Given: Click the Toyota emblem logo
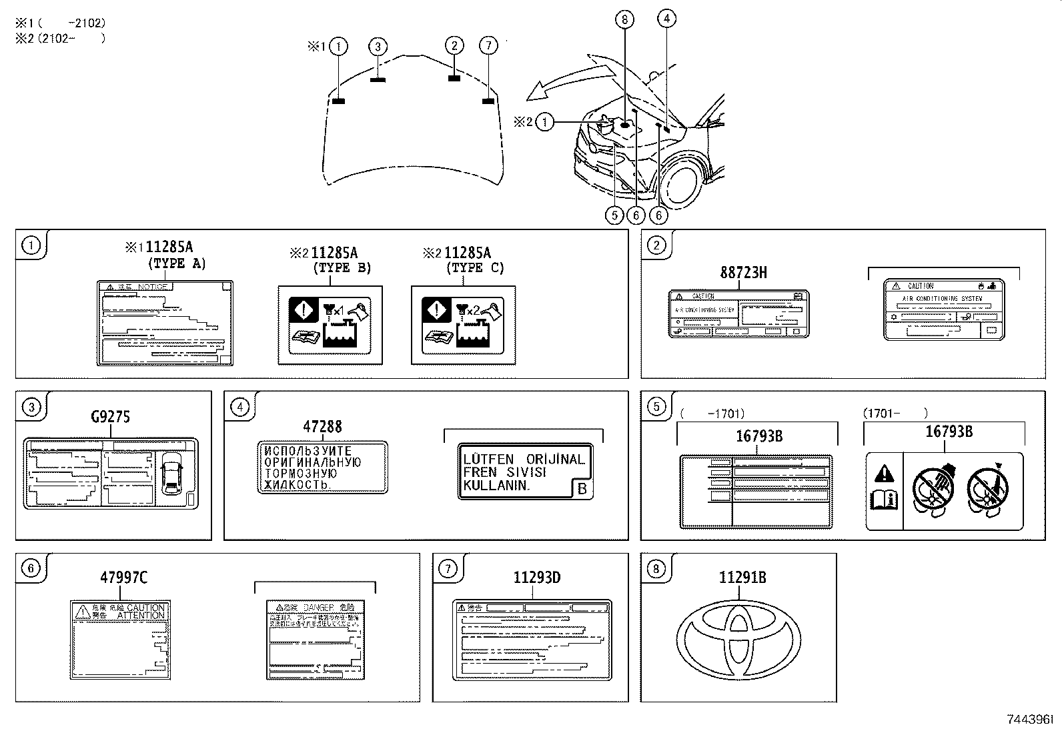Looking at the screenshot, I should pos(738,634).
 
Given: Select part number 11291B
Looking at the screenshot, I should pos(742,578).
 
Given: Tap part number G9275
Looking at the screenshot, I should pos(110,418).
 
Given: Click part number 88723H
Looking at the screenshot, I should pos(743,273).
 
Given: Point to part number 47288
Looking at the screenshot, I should pos(322,427).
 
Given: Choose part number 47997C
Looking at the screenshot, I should pos(123,578).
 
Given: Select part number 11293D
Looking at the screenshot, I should pos(536,578).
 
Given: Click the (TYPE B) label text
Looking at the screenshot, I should pos(342,268).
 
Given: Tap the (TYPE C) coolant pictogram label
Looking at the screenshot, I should pos(463,325).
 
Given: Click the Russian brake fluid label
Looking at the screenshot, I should pos(322,468).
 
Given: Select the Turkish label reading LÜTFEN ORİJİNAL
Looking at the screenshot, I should pos(524,472).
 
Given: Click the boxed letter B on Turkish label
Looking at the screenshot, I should pos(582,490).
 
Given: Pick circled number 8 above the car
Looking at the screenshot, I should pos(624,20).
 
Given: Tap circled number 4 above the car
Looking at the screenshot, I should pos(666,19).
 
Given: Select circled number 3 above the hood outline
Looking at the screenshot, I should pos(378,46).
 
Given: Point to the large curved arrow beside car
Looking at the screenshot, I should pos(567,80).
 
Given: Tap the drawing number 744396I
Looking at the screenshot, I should pos(1030,720).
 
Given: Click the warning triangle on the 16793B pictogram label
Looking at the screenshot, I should pos(884,474).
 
